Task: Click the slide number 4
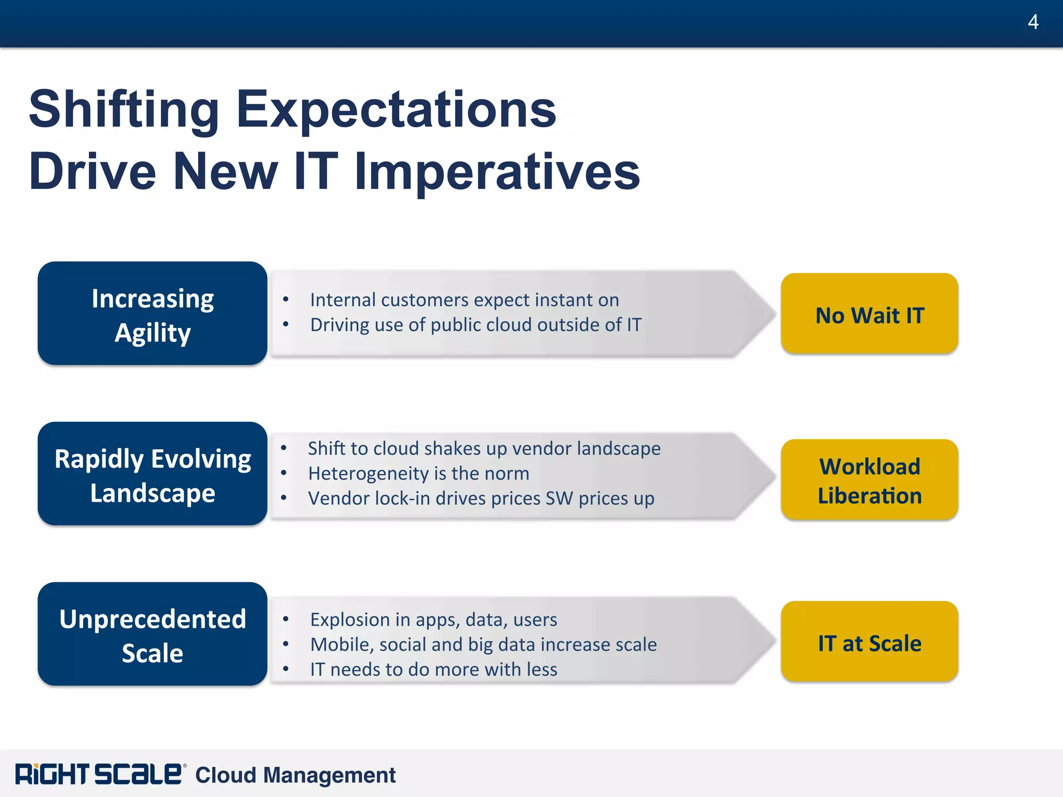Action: click(1032, 22)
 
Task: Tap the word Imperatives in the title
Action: click(497, 171)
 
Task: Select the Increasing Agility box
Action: click(152, 313)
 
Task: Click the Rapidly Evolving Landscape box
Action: click(152, 474)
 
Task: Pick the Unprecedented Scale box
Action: click(152, 634)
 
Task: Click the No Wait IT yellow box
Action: click(869, 314)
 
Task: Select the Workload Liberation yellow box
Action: click(869, 480)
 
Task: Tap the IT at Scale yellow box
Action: click(869, 642)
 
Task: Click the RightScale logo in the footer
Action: click(99, 774)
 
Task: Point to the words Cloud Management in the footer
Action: click(295, 775)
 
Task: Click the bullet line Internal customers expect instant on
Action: click(464, 300)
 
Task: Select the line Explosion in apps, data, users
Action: click(433, 620)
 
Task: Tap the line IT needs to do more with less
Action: click(433, 669)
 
